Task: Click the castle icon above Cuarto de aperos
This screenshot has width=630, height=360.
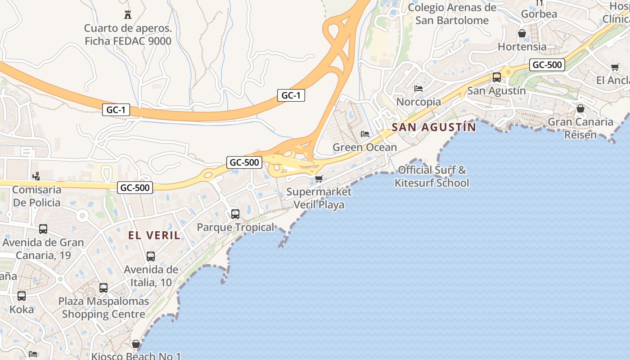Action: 128,15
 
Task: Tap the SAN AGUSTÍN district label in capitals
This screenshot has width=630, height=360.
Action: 434,127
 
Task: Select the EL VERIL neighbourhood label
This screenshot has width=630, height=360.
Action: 154,235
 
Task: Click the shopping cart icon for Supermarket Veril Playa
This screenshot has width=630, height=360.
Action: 319,179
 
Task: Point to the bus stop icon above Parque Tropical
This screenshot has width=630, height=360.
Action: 235,214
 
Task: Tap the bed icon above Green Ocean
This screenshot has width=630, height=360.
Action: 365,134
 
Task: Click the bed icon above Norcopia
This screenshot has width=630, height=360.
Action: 418,89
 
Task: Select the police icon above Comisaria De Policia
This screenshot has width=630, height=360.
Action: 36,176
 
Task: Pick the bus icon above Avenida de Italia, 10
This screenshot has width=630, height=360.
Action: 151,256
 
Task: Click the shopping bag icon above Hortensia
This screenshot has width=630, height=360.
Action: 522,33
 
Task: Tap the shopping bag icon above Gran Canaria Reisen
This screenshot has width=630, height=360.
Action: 580,108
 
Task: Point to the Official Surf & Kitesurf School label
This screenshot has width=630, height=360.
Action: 432,176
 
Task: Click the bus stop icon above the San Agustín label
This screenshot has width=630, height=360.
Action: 497,77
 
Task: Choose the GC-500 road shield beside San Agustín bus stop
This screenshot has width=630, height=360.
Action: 547,65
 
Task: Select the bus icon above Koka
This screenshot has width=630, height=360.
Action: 22,296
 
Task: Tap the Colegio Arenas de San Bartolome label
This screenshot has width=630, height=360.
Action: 452,14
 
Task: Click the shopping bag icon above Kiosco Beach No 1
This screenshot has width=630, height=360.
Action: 136,344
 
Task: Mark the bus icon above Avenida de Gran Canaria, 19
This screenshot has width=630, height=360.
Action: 43,229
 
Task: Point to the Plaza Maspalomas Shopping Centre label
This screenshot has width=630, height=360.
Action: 103,307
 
